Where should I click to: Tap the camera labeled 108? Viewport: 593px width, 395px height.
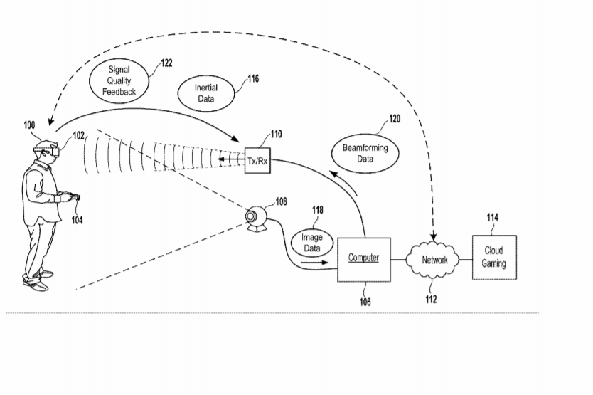click(257, 218)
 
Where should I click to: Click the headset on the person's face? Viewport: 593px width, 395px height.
click(52, 152)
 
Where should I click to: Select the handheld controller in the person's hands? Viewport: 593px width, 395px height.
click(74, 197)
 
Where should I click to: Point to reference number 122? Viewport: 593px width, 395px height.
click(166, 63)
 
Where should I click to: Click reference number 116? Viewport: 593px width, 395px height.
click(253, 79)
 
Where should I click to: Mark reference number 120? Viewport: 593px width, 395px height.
click(395, 119)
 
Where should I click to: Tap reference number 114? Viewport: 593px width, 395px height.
click(493, 217)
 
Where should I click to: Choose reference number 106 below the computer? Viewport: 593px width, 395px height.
click(365, 302)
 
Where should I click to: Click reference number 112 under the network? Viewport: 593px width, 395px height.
click(431, 300)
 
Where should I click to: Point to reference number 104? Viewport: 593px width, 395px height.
click(78, 220)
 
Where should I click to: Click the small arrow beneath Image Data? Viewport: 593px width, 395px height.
click(315, 262)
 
